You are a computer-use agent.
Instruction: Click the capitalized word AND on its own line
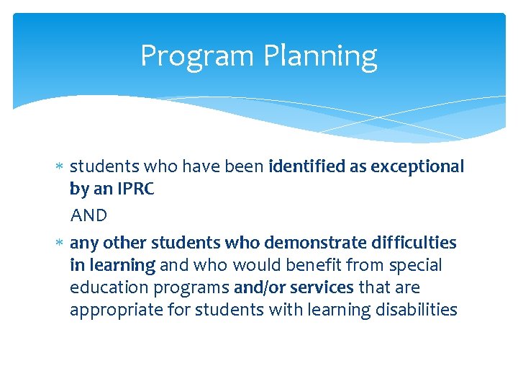(88, 215)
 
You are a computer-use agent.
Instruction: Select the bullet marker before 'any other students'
(60, 243)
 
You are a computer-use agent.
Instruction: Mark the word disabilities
(420, 310)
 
